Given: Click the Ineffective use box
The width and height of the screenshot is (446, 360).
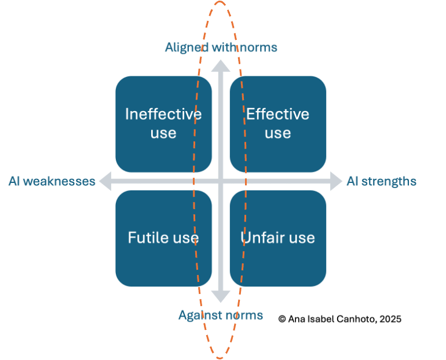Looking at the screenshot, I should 163,123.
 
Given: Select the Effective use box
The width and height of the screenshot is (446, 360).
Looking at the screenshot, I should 278,123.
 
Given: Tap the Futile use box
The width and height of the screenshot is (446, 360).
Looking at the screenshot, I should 163,238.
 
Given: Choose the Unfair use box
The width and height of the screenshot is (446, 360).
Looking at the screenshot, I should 278,238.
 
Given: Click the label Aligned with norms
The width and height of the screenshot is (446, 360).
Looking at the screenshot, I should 221,47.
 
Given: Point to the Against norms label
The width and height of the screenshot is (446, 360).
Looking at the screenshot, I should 220,315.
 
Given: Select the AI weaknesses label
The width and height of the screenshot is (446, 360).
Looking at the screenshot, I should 52,181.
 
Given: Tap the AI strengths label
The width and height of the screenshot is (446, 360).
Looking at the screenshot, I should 381,181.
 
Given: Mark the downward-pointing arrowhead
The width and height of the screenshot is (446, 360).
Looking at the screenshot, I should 221,297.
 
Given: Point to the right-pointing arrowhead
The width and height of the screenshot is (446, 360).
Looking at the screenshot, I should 337,181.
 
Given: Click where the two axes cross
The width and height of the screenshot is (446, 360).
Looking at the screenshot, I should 221,181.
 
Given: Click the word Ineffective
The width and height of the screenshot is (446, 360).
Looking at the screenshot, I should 163,114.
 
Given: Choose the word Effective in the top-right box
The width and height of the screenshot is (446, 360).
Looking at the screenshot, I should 278,114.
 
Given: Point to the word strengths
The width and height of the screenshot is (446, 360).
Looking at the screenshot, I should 389,181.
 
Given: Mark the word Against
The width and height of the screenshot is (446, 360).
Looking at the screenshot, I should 198,315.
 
